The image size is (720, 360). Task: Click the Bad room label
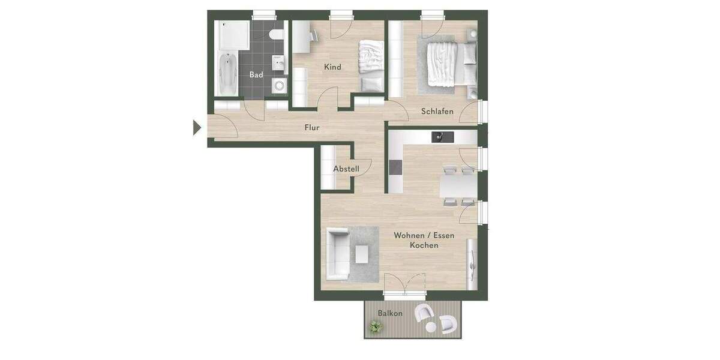256,75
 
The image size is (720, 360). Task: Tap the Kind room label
332,67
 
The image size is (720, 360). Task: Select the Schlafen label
437,112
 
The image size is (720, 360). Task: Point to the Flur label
312,128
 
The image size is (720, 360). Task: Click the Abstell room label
346,169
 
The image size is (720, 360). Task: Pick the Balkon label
390,314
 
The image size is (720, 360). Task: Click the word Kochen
424,245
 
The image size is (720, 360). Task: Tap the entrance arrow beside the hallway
196,127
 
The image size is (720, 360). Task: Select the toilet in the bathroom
275,34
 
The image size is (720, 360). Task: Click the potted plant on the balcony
376,326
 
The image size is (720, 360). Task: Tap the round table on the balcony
431,328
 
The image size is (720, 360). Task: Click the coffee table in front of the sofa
362,255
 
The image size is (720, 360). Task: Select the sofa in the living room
337,254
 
